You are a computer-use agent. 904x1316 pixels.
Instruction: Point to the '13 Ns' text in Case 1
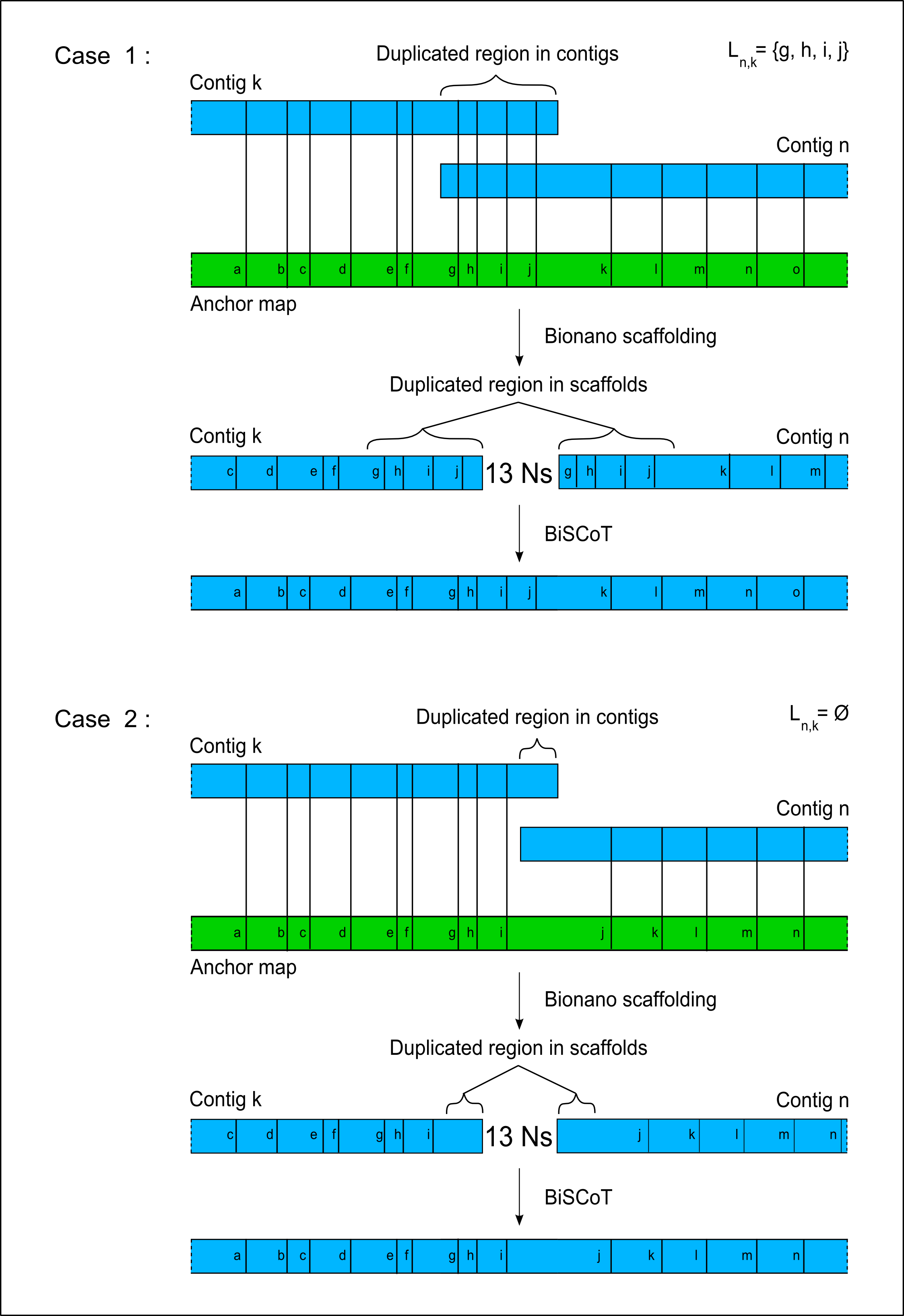[519, 473]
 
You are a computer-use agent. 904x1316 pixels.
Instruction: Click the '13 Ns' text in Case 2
[519, 1137]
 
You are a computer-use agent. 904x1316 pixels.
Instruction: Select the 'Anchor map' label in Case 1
[244, 304]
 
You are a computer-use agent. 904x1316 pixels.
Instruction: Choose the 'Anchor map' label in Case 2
[244, 967]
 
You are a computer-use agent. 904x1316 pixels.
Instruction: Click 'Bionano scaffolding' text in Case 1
[630, 336]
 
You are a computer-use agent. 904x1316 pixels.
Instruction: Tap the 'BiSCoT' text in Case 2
[578, 1198]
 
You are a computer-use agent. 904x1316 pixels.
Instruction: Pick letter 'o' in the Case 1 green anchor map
[797, 270]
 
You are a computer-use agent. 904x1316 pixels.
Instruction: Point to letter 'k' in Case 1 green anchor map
[604, 270]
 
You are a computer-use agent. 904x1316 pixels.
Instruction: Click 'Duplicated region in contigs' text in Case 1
[497, 54]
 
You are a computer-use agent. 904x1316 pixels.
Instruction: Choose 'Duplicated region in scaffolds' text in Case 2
[518, 1048]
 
